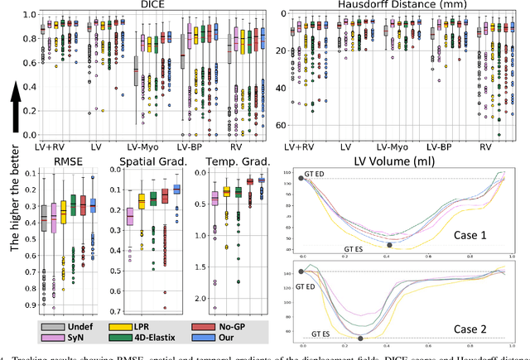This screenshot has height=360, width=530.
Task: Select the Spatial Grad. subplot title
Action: [x=141, y=161]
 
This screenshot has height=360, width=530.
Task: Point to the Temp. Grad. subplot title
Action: [x=225, y=161]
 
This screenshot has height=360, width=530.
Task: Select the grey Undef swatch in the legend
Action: [x=52, y=326]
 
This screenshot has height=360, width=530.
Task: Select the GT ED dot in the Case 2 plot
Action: [x=301, y=271]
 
